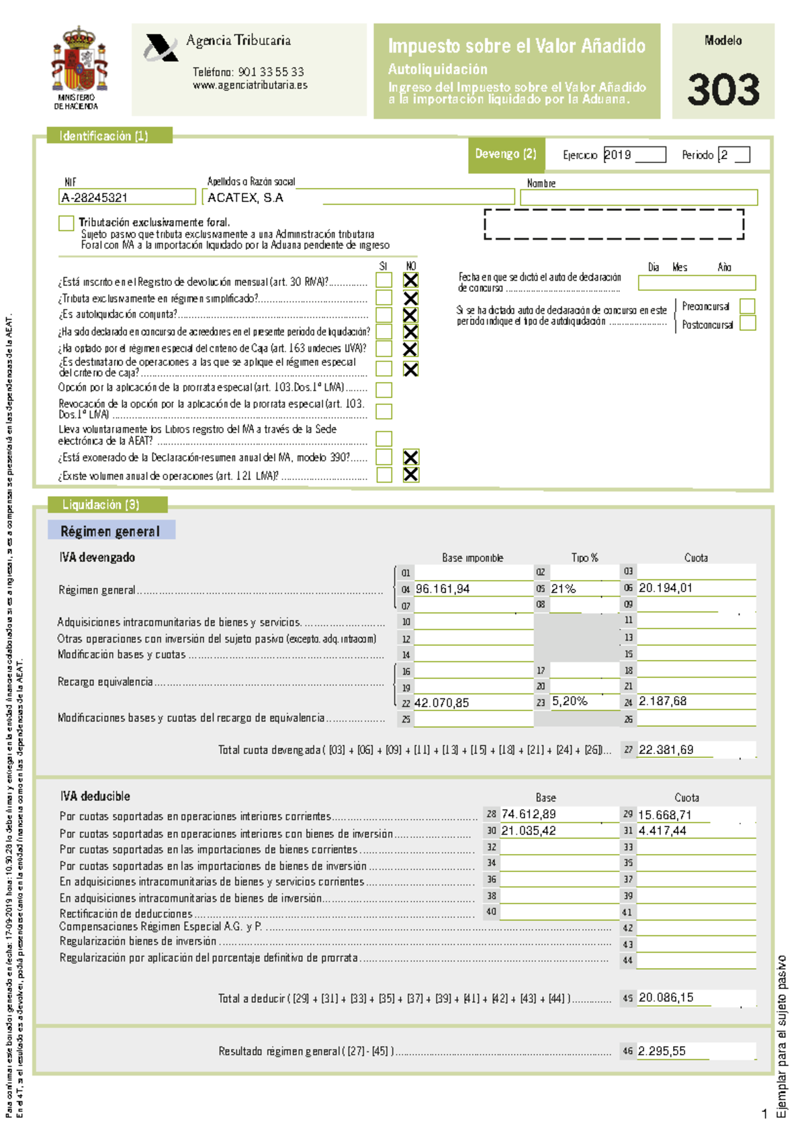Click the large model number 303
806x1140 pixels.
723,90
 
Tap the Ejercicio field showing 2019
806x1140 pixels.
633,155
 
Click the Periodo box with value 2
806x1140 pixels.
733,155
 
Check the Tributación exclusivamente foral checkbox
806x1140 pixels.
66,223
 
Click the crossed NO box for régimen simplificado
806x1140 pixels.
410,298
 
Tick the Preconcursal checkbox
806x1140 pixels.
747,306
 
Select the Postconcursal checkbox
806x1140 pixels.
747,324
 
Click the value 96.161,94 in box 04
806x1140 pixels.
443,589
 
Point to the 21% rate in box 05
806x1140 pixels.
564,589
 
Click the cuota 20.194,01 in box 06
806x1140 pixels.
665,588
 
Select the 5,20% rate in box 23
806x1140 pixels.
570,701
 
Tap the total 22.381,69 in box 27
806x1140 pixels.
666,750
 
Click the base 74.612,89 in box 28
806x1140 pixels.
529,814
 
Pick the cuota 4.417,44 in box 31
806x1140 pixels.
662,831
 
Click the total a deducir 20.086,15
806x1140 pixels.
666,998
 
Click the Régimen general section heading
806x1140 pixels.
111,531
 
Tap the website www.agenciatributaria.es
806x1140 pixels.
250,85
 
